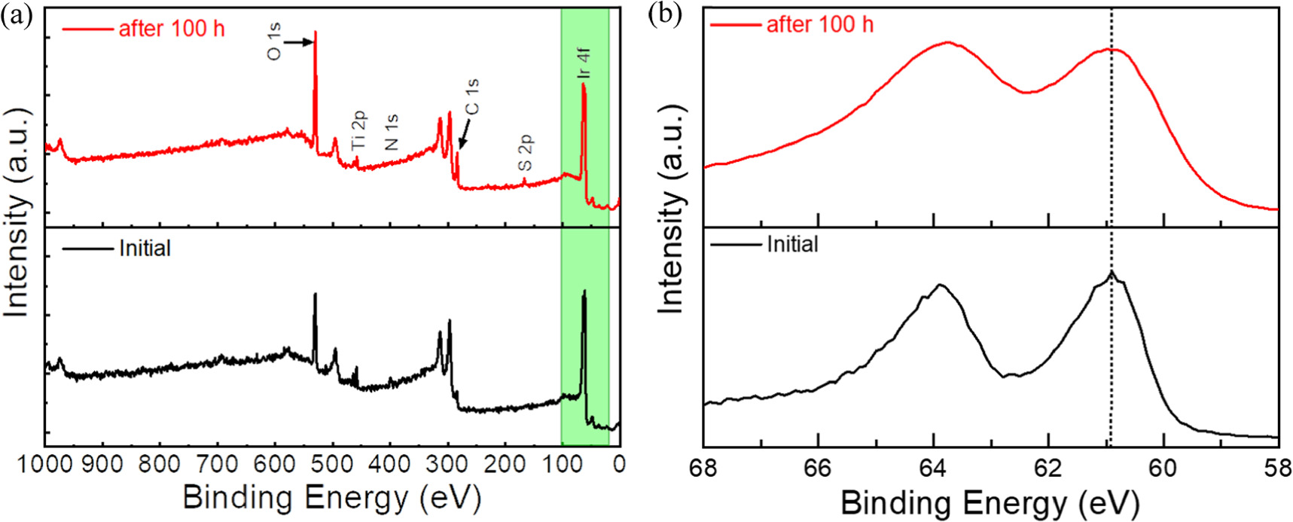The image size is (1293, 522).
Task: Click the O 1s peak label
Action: point(275,42)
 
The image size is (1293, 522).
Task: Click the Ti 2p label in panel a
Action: point(359,129)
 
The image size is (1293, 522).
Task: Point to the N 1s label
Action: point(392,133)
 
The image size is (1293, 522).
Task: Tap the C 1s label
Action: point(472,97)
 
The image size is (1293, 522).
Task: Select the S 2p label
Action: point(526,153)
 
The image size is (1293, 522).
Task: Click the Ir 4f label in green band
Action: point(584,63)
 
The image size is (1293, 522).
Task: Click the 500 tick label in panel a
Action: point(332,465)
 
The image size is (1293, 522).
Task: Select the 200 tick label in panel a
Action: point(505,465)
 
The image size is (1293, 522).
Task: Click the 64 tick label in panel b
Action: point(933,468)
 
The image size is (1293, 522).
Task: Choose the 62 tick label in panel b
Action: point(1048,468)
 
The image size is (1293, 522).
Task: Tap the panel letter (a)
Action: point(17,16)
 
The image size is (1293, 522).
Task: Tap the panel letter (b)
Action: point(665,16)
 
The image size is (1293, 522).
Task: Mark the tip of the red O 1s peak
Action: point(315,32)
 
